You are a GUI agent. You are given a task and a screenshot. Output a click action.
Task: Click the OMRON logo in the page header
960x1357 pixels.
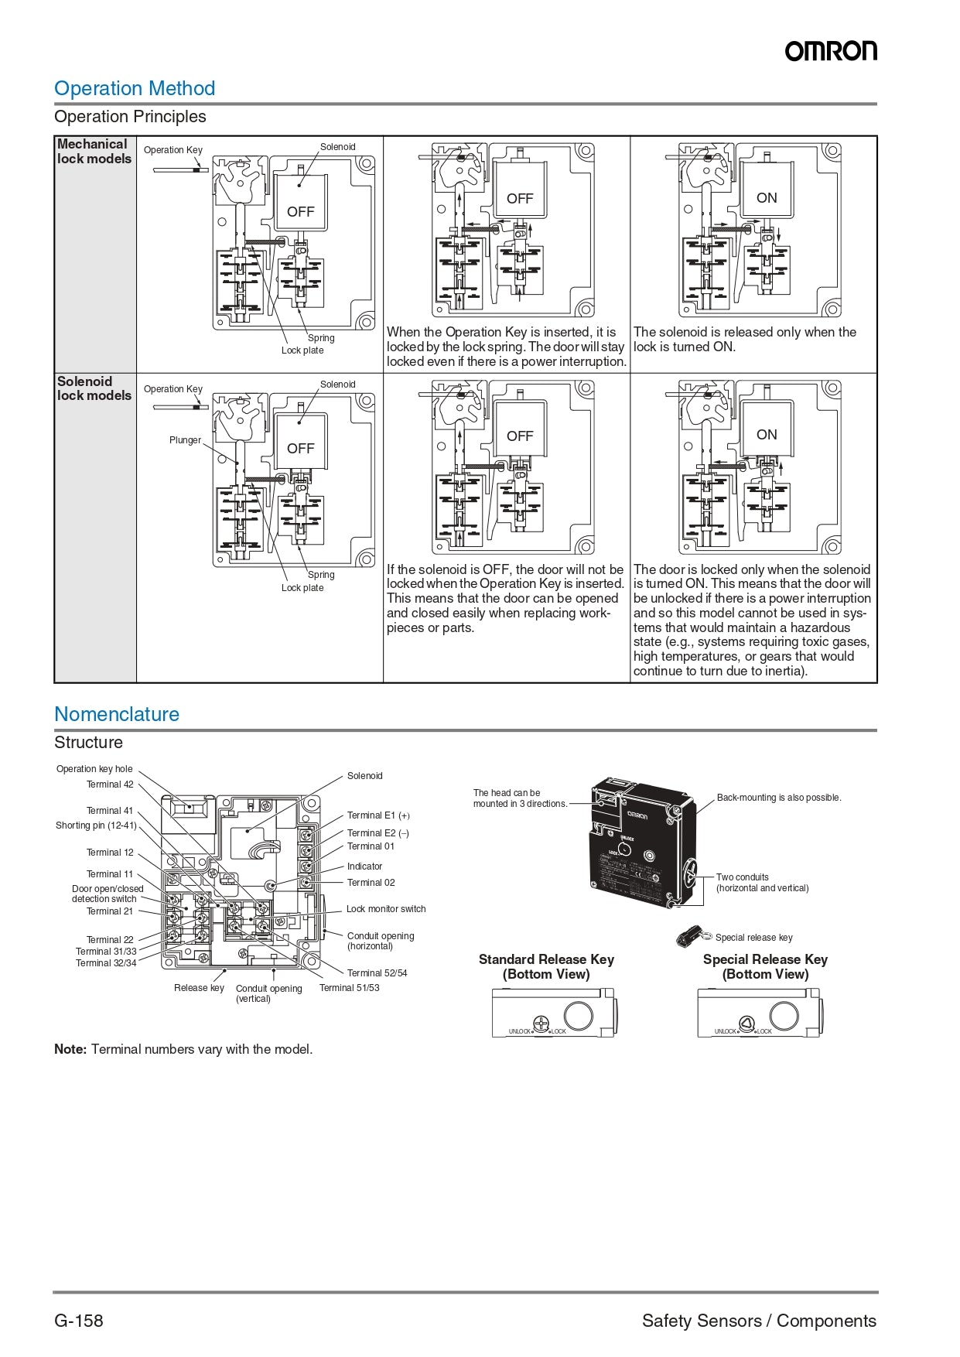(x=831, y=51)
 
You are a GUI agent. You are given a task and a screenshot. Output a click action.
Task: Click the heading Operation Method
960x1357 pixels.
(x=135, y=88)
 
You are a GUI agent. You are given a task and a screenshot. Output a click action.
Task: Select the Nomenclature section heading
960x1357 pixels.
(x=117, y=714)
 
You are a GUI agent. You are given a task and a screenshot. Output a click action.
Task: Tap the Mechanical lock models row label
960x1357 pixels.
(x=94, y=151)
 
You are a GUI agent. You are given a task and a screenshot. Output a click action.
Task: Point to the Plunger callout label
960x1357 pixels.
(x=185, y=440)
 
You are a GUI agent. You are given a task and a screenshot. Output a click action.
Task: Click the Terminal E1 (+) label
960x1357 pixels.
(x=378, y=815)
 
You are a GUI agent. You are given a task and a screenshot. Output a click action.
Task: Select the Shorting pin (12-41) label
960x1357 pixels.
(x=96, y=825)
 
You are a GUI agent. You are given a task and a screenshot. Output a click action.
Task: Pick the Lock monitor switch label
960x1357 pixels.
(x=386, y=909)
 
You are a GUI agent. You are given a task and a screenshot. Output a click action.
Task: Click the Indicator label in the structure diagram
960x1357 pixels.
(x=364, y=866)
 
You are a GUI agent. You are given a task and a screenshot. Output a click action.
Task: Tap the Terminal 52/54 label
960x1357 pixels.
(x=377, y=973)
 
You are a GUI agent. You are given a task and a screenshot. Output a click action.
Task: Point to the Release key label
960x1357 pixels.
(x=199, y=988)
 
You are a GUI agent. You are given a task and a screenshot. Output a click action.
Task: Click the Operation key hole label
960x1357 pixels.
(x=94, y=769)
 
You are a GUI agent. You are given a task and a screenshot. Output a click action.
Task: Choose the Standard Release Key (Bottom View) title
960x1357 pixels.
(x=546, y=966)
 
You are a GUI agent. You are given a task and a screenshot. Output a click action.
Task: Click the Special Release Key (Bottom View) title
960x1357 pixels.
(x=765, y=966)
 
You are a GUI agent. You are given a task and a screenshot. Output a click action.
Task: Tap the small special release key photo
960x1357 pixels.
(x=690, y=936)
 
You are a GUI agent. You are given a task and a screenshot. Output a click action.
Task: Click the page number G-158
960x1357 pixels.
(x=79, y=1321)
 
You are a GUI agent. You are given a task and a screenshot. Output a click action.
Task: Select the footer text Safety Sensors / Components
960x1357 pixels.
(x=759, y=1321)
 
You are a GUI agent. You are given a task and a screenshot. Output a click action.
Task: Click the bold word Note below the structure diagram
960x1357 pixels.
(x=70, y=1050)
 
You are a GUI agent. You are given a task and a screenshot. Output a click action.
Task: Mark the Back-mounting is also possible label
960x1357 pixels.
(x=778, y=798)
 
